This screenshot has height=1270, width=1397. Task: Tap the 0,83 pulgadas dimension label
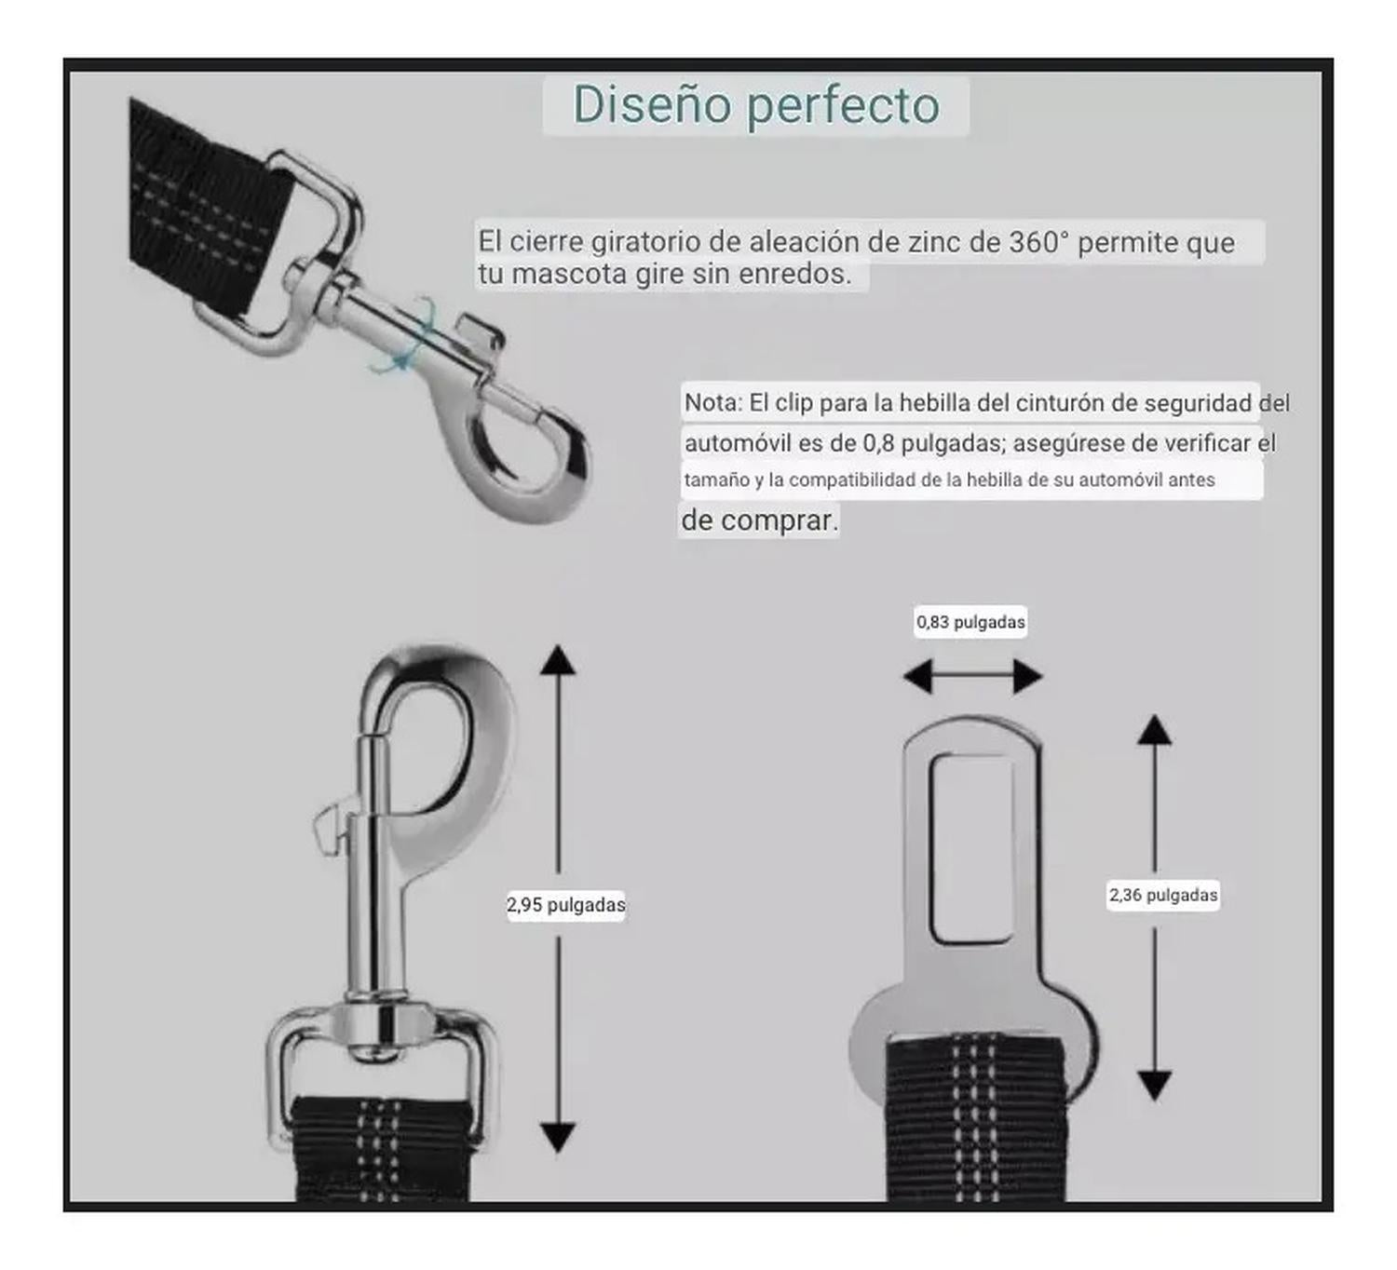click(x=970, y=622)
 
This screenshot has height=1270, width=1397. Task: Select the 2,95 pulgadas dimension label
click(x=565, y=904)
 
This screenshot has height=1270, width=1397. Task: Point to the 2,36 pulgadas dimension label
click(x=1163, y=895)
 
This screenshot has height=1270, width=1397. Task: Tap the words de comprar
click(x=759, y=520)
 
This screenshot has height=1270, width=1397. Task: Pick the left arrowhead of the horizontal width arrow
click(x=918, y=677)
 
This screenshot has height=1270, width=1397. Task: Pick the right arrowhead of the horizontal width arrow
click(x=1028, y=677)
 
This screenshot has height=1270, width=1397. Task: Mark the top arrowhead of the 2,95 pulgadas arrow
click(x=558, y=660)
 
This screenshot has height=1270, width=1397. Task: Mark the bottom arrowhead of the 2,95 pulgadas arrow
click(x=558, y=1139)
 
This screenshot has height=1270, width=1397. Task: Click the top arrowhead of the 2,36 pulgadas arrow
click(x=1155, y=730)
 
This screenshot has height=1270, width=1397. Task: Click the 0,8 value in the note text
click(x=878, y=443)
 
